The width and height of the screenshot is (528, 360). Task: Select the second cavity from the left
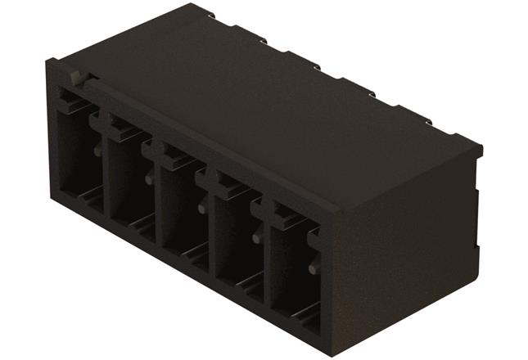[x=128, y=180]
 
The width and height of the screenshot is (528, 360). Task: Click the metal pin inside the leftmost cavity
[x=97, y=151]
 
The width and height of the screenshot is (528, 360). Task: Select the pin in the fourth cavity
[x=255, y=238]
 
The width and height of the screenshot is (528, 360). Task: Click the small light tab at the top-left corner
[x=75, y=78]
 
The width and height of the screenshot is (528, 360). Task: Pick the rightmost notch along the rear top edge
[x=427, y=122]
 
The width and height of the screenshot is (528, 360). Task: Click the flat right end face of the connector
[x=401, y=245]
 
